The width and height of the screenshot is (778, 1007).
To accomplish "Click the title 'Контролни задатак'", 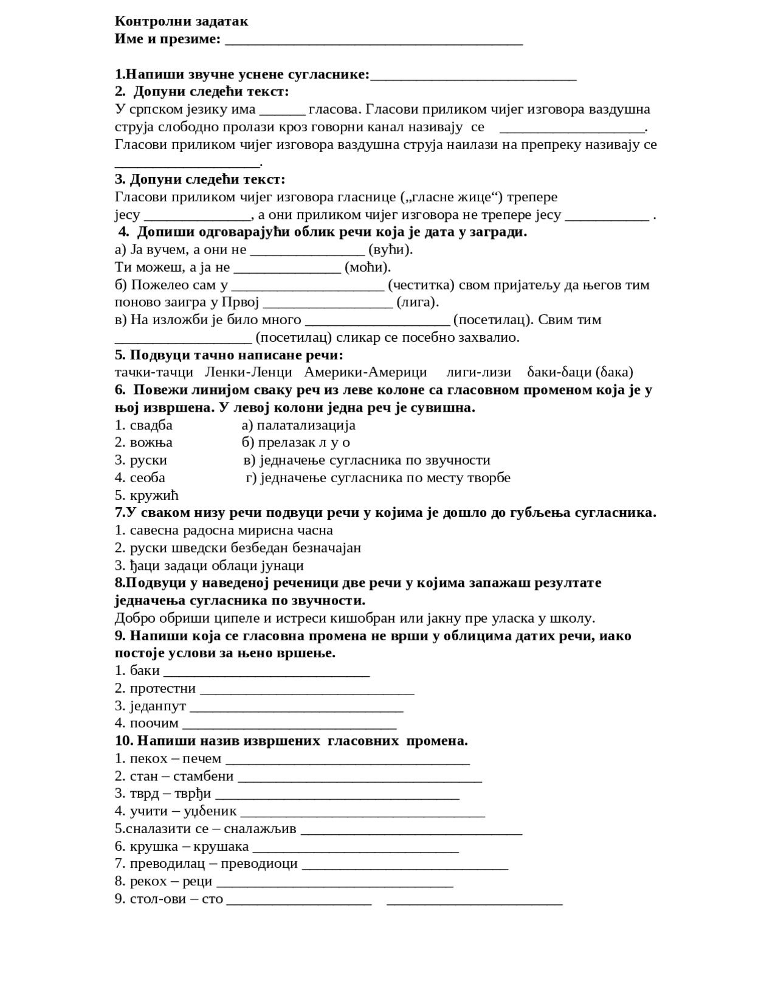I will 181,21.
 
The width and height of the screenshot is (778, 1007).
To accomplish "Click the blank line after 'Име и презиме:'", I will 373,41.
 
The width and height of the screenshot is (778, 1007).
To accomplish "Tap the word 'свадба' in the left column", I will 151,425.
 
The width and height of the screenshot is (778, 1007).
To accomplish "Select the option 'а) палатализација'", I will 298,425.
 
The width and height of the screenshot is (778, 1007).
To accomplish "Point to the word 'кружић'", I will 154,496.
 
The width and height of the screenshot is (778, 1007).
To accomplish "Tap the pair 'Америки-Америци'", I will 365,372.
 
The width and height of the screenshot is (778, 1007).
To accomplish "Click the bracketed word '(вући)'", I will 391,249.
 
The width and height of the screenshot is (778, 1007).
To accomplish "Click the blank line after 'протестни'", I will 307,690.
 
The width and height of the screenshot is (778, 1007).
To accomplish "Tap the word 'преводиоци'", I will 259,864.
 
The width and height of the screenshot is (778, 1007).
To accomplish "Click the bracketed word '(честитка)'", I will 421,285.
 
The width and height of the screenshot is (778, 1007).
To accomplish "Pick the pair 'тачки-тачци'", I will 154,372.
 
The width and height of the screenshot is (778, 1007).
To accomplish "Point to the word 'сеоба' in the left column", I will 147,478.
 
